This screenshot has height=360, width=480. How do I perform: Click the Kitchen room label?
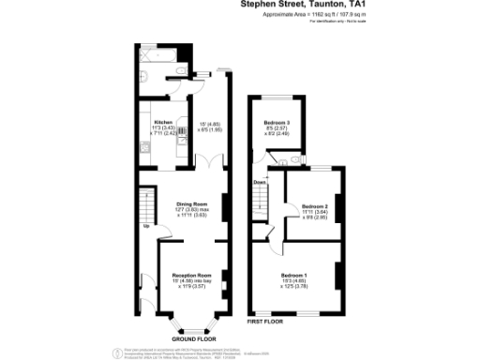coord(163,122)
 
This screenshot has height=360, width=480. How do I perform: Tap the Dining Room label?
coord(191,202)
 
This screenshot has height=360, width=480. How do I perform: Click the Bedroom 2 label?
coord(314,205)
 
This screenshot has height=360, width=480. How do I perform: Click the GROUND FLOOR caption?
coord(194,338)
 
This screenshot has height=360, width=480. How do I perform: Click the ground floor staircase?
coord(145,202)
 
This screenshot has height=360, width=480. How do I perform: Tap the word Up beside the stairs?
coord(145,226)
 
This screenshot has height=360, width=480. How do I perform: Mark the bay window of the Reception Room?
coord(193,327)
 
